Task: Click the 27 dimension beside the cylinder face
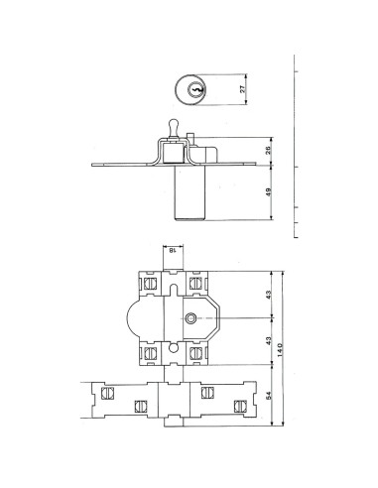244,88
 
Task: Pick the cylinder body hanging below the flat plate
189,193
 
